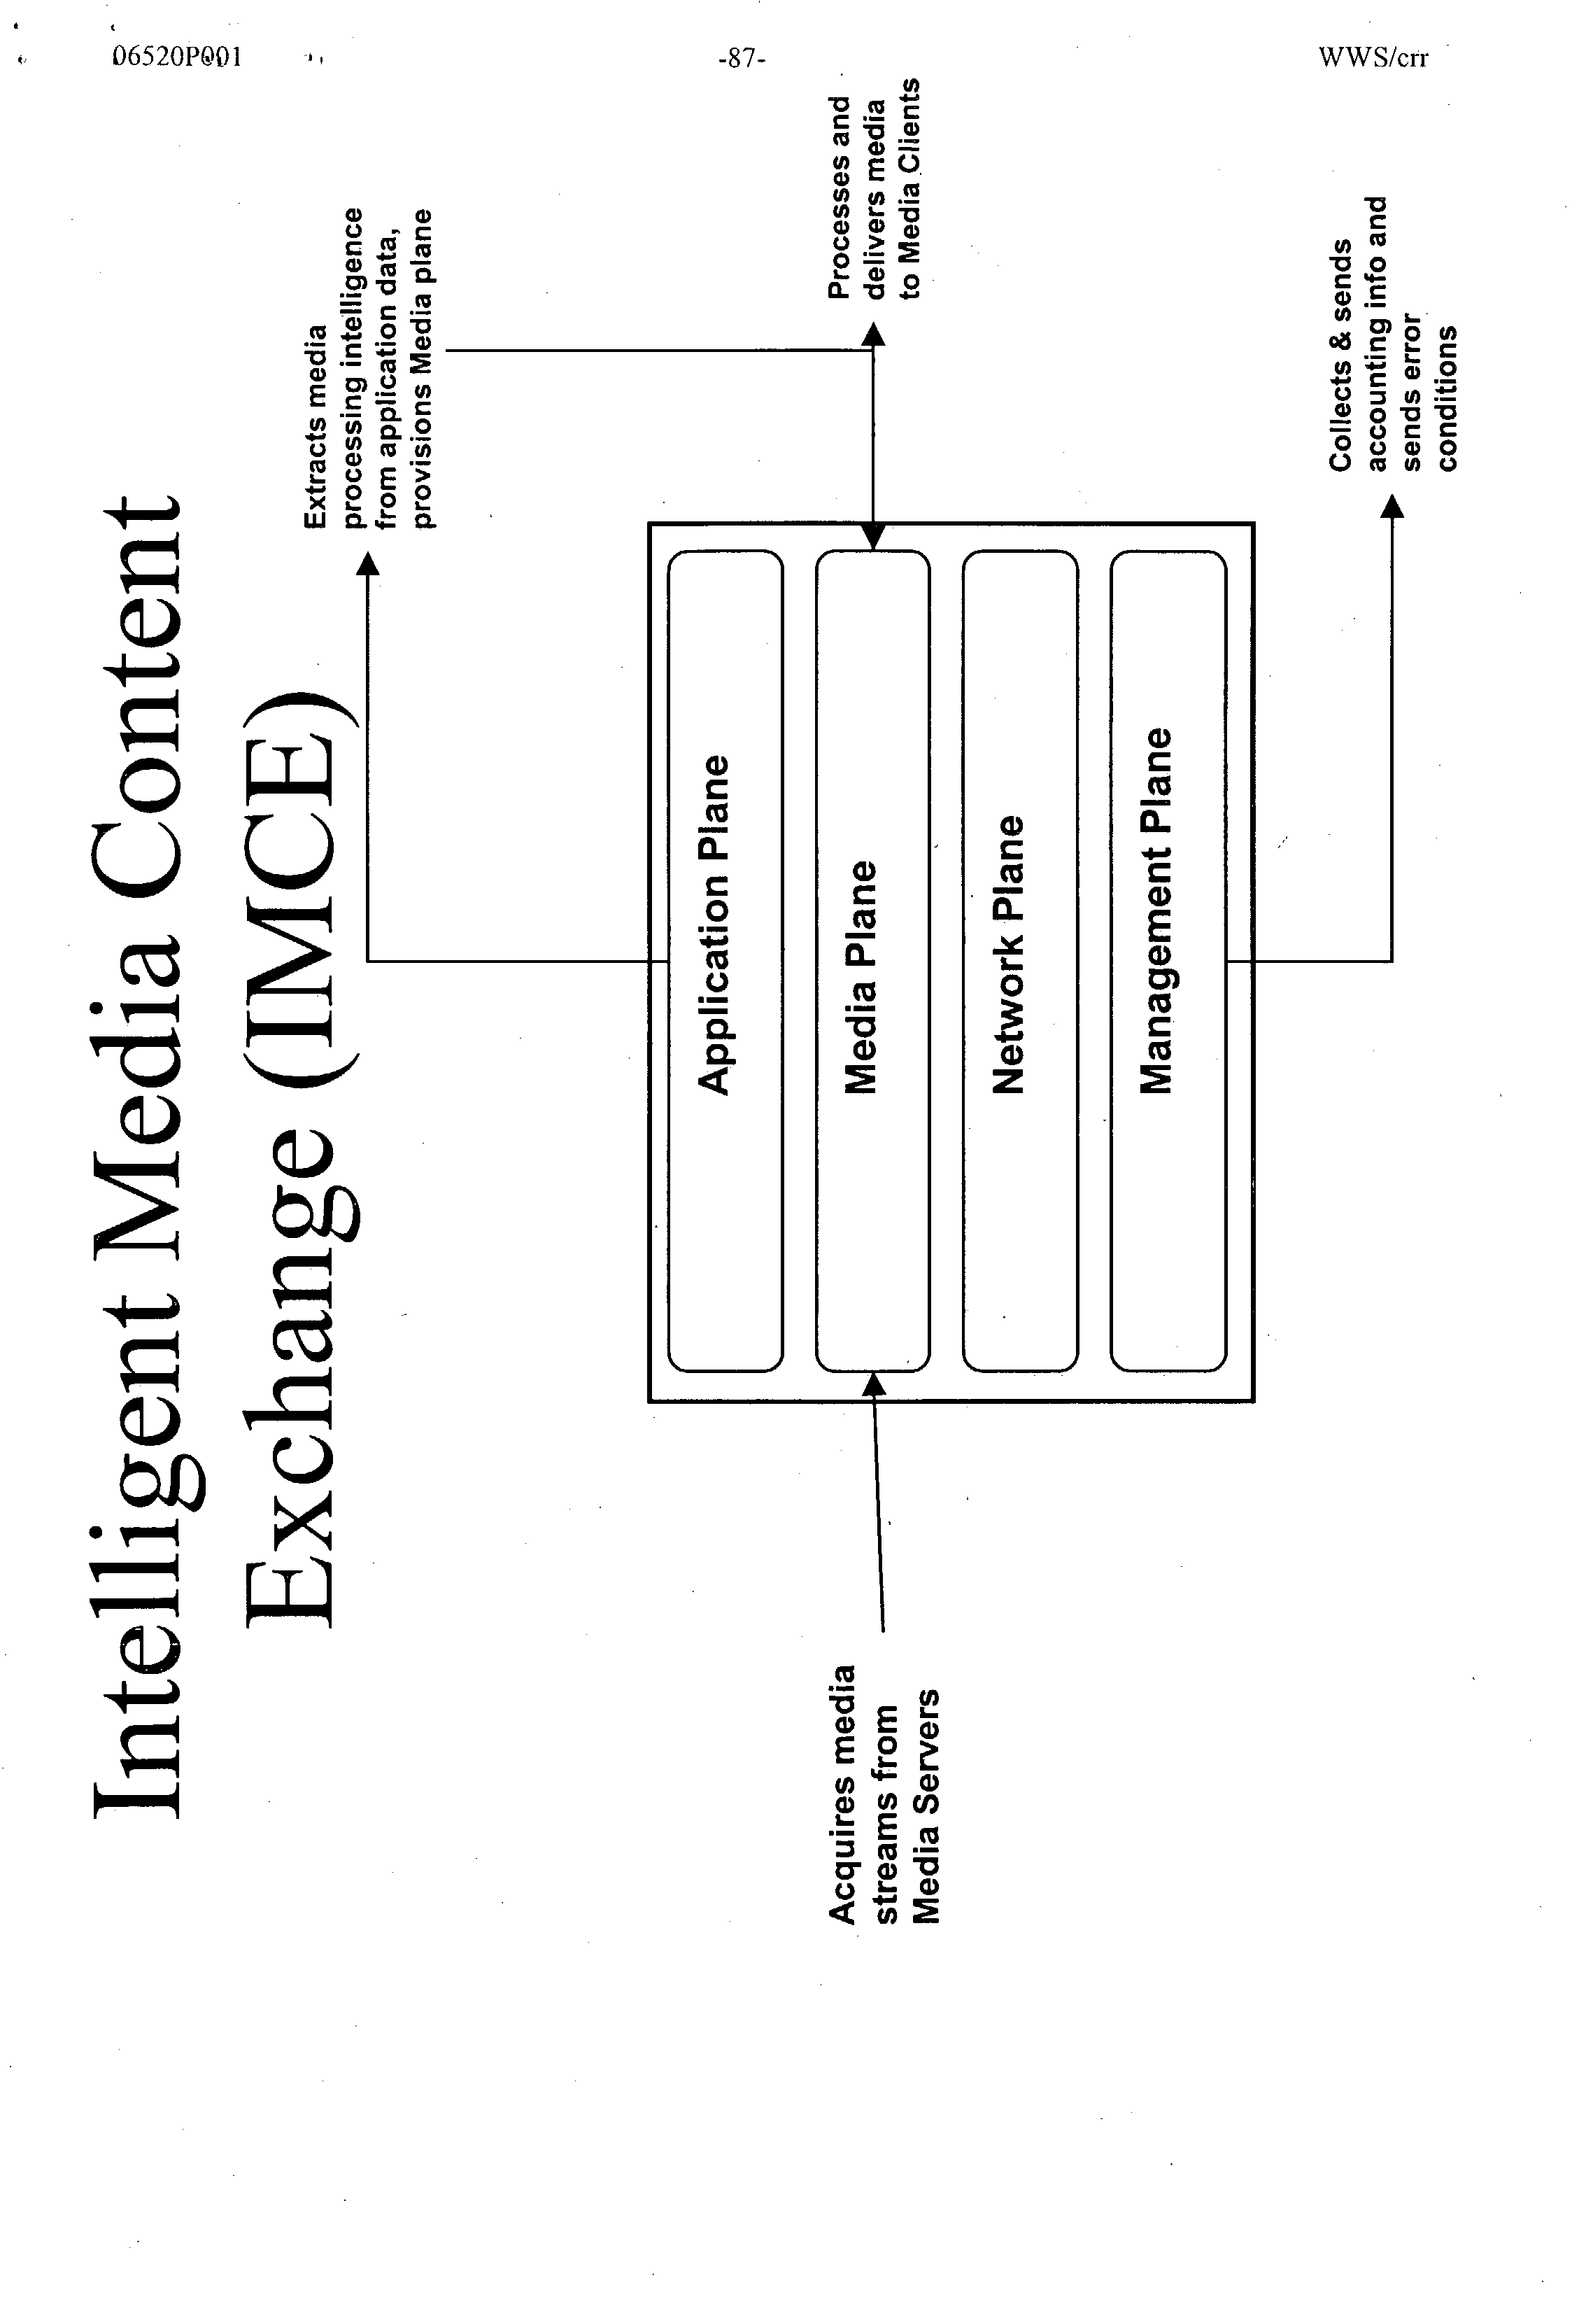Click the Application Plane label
(714, 926)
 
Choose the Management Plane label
(1156, 910)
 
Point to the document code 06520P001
(177, 57)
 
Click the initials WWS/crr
(1373, 57)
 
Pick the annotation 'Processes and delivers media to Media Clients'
(874, 189)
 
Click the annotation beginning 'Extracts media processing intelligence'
(369, 367)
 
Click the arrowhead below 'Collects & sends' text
(1392, 507)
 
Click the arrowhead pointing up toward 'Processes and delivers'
(873, 335)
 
